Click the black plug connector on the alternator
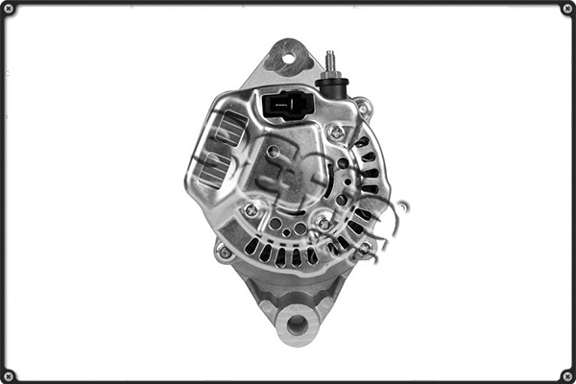(284, 104)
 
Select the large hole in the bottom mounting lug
(297, 324)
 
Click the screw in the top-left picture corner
(9, 9)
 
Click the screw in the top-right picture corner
(567, 9)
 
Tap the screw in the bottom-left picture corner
(9, 375)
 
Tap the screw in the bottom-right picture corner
(567, 375)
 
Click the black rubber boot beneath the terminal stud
(331, 89)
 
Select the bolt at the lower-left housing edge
(225, 252)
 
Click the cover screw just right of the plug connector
(335, 132)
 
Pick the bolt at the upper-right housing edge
(362, 106)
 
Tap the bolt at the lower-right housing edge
(365, 250)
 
